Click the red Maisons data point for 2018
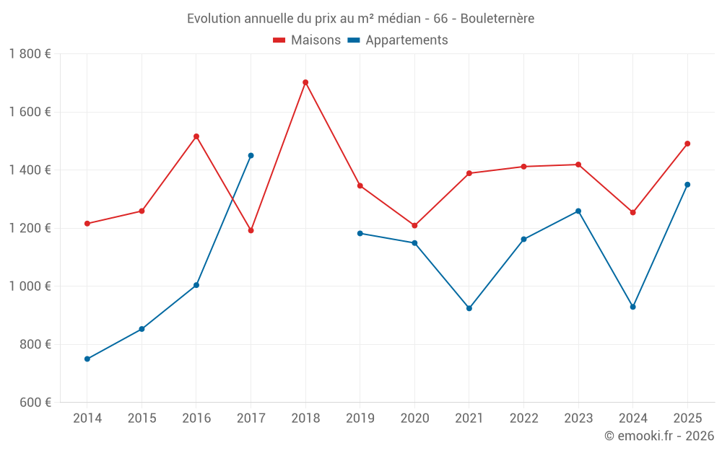pos(305,82)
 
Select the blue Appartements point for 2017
pos(251,155)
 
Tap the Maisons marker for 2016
pos(196,136)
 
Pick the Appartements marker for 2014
pos(87,359)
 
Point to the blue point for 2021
pos(469,308)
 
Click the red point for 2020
pos(414,226)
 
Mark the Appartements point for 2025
pos(687,185)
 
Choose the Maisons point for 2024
pos(633,212)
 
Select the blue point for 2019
pos(360,233)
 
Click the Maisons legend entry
pos(307,40)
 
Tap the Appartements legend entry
pos(398,40)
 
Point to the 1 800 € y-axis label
pos(30,54)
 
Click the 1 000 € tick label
pos(30,286)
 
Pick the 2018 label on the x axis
pos(305,419)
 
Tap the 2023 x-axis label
pos(578,419)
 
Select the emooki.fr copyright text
pos(659,436)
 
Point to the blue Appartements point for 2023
pos(578,211)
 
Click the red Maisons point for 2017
pos(251,230)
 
